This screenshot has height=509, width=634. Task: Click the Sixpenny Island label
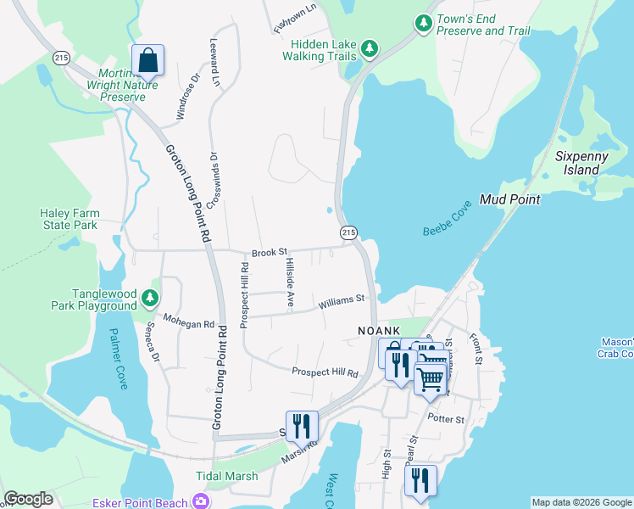577,163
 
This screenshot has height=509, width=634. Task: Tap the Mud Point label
509,199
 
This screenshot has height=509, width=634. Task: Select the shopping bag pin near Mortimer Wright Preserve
147,60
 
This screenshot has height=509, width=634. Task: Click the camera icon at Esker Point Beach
201,501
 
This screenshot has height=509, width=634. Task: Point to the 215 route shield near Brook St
348,232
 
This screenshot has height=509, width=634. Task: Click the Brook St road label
270,253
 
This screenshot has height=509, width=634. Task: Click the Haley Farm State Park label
70,219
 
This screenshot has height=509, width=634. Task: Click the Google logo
28,499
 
